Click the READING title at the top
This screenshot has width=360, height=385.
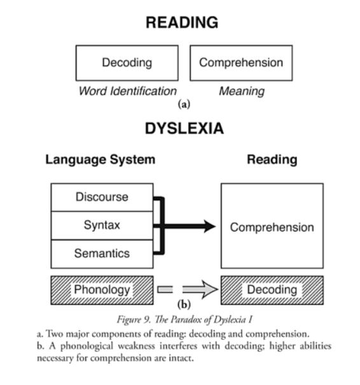182,22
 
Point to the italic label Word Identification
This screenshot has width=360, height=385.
128,91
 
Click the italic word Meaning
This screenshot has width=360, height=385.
242,92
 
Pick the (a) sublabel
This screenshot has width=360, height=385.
184,104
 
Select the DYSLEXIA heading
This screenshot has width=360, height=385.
184,128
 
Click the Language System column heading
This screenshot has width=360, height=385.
100,160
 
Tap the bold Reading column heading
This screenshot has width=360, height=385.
272,160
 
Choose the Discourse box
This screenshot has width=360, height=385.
102,197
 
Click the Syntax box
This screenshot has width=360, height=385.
102,225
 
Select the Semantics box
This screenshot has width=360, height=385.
102,254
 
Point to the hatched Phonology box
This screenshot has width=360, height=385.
102,290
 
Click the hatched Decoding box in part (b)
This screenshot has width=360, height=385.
272,290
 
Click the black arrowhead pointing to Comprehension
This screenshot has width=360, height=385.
209,226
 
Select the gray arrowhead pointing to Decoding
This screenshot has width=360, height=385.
209,290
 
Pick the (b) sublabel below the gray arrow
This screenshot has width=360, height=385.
184,304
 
